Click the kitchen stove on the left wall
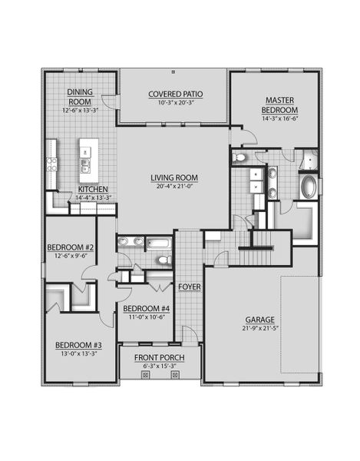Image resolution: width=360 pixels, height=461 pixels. coord(52,164)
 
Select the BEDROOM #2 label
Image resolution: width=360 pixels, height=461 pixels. coord(70,247)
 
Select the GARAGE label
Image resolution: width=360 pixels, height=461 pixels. coord(261,320)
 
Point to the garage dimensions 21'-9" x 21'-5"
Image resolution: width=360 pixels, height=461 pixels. coord(261,329)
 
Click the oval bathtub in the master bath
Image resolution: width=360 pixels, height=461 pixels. coord(308,187)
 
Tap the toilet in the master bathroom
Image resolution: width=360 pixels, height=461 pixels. coord(240,158)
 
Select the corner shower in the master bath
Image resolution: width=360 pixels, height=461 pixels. coord(308,160)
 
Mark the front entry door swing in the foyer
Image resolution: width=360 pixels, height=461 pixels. coord(187,335)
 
